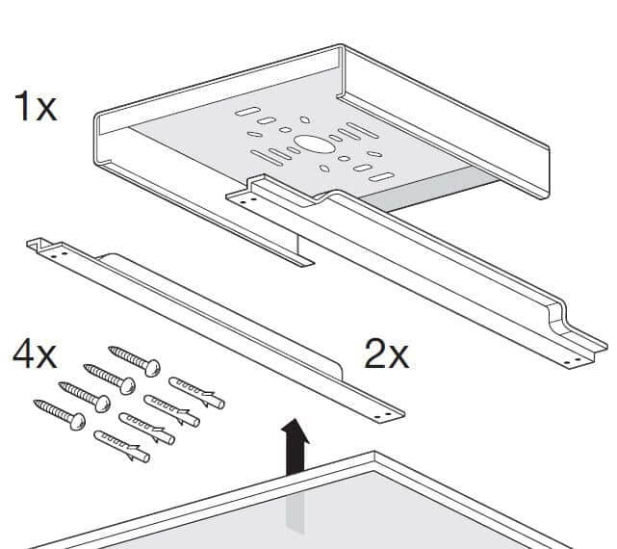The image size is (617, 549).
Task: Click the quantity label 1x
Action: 36,106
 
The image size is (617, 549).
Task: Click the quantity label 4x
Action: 35,354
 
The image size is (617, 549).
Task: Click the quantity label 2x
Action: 387,354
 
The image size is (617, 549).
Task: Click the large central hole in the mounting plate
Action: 314,144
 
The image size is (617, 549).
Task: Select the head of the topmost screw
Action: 152,367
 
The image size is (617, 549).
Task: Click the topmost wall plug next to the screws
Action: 196,393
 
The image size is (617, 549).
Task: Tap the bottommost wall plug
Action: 122,446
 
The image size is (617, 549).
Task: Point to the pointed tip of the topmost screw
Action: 110,349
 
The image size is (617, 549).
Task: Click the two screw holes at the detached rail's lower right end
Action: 382,415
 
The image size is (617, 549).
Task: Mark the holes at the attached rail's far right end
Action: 572,360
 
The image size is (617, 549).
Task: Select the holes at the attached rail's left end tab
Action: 248,201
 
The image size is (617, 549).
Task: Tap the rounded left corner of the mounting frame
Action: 97,118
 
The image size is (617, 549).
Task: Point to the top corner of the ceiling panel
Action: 374,453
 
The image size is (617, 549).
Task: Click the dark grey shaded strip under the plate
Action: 429,188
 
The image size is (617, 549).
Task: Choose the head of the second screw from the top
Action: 127,385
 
